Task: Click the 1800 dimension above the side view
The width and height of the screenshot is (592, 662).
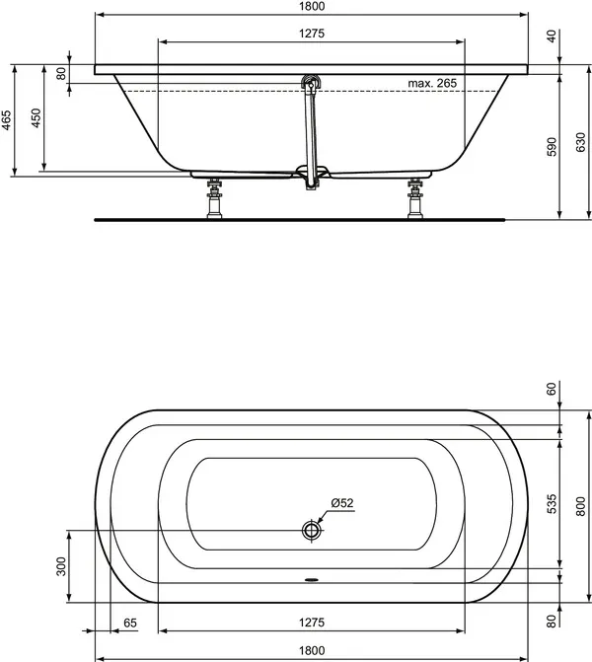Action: [x=311, y=6]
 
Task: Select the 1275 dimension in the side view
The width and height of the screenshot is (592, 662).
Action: [x=311, y=33]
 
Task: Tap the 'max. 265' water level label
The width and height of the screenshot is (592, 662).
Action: [x=432, y=84]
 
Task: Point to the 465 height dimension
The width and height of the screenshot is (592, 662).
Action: [x=7, y=120]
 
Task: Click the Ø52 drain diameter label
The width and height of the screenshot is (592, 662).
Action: [x=342, y=503]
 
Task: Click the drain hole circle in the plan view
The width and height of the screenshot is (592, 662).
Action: [x=312, y=530]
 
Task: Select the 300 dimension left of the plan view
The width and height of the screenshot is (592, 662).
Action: [x=61, y=566]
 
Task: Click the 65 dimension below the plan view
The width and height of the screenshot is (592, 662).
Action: [x=129, y=624]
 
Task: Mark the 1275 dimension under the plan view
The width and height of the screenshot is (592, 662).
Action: [x=311, y=624]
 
